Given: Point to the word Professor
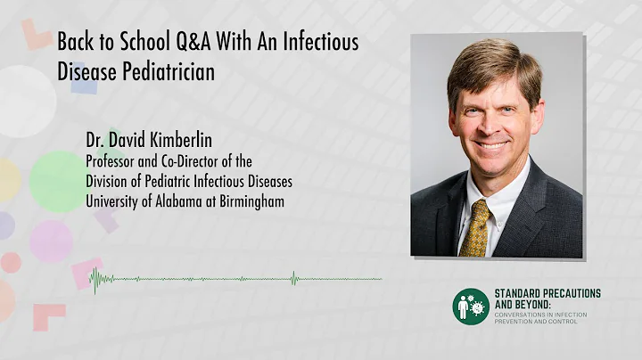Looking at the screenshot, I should pos(114,161).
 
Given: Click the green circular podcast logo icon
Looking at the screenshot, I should pos(470,307).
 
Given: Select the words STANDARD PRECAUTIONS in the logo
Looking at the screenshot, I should pos(547,293).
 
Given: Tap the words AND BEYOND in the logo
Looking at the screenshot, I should pos(525,304).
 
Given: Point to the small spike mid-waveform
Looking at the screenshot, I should pos(294,279).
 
